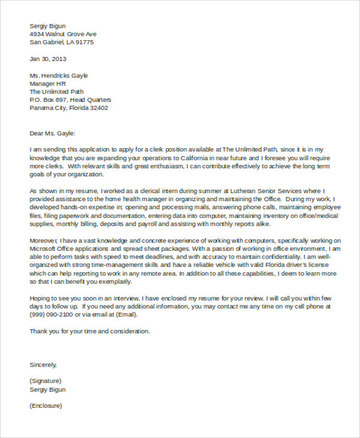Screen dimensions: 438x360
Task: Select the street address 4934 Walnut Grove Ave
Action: click(63, 34)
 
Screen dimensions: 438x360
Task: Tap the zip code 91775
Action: click(83, 43)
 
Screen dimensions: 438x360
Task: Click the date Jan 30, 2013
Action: click(48, 59)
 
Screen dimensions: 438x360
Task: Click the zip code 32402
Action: click(96, 108)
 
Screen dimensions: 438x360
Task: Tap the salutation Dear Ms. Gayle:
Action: click(53, 133)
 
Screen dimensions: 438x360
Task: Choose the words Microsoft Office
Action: click(53, 248)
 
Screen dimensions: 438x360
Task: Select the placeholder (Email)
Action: click(126, 314)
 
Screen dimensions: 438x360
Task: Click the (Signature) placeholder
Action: click(45, 381)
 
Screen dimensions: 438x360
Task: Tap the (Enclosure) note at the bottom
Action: click(46, 406)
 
